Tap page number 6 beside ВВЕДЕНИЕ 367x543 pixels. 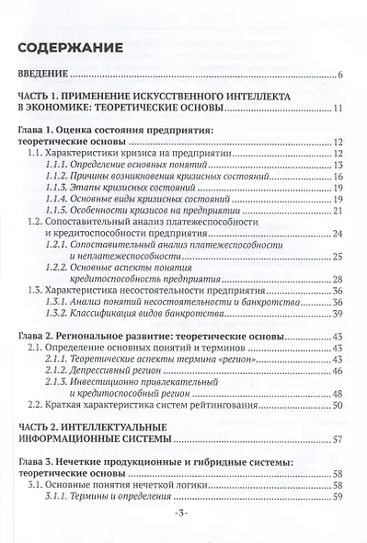coord(340,75)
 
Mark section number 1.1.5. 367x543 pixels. coord(57,210)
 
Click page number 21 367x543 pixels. coord(338,210)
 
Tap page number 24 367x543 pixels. coord(338,233)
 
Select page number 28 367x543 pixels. coord(338,279)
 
